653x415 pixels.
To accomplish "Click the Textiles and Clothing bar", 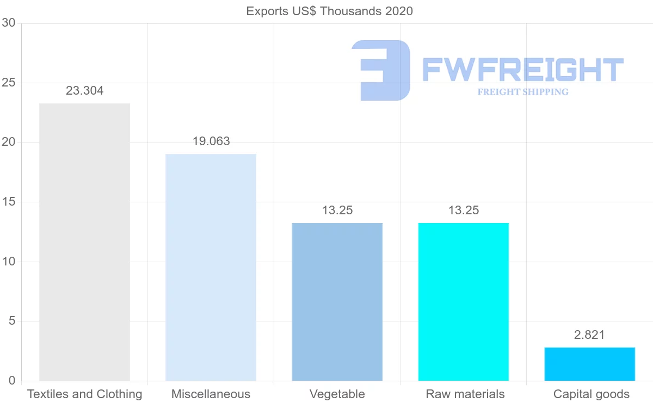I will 84,242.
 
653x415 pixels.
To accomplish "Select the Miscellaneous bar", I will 211,267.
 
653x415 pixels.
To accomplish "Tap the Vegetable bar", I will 337,302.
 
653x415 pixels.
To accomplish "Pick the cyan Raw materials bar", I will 463,302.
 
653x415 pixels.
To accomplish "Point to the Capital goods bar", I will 589,364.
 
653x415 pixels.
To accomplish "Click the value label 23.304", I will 84,91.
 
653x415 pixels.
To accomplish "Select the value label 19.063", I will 211,141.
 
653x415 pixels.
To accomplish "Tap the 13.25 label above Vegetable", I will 337,210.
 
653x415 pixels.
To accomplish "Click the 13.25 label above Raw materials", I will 464,210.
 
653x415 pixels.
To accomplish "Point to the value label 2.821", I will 589,335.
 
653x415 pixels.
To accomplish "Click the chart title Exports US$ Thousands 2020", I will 330,11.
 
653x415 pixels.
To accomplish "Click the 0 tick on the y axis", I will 11,381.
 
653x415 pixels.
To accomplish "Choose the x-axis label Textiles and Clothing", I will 84,394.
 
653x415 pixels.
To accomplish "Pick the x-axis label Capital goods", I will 591,394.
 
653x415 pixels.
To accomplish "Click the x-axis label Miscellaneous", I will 211,394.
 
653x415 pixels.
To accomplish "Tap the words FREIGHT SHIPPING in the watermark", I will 523,92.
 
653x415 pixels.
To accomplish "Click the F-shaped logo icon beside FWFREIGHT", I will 381,70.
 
